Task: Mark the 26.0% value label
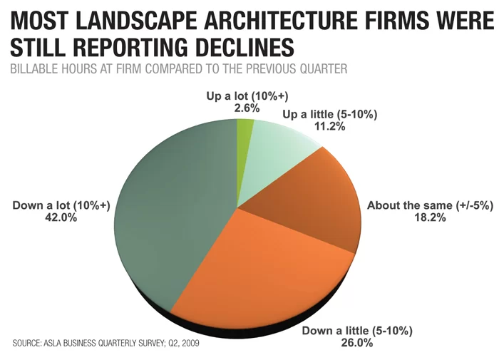click(x=356, y=343)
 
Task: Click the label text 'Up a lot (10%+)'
click(x=247, y=96)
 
